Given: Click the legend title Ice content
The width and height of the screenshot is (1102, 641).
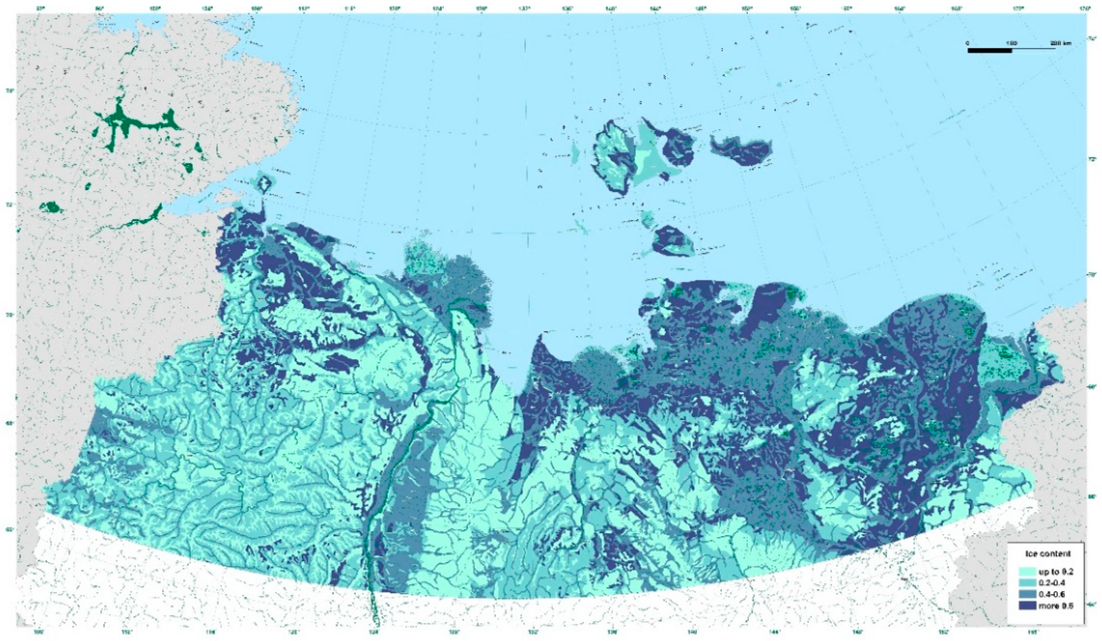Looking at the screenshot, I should (1045, 554).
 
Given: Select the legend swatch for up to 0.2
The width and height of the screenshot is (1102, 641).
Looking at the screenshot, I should (1026, 572).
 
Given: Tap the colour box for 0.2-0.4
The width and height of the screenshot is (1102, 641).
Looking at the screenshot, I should (1026, 583).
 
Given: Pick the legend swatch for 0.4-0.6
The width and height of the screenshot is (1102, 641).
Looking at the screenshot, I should (1026, 594).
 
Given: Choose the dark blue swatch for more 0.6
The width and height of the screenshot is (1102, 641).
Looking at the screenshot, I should (1026, 606).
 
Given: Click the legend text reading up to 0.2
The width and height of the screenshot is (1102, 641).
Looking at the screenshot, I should (1053, 572).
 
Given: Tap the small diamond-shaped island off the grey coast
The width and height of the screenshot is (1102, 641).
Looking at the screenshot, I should (264, 183).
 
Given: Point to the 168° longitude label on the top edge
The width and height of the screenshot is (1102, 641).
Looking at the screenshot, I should (970, 8).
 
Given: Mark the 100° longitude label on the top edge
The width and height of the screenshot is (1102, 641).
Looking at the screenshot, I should (154, 8).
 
